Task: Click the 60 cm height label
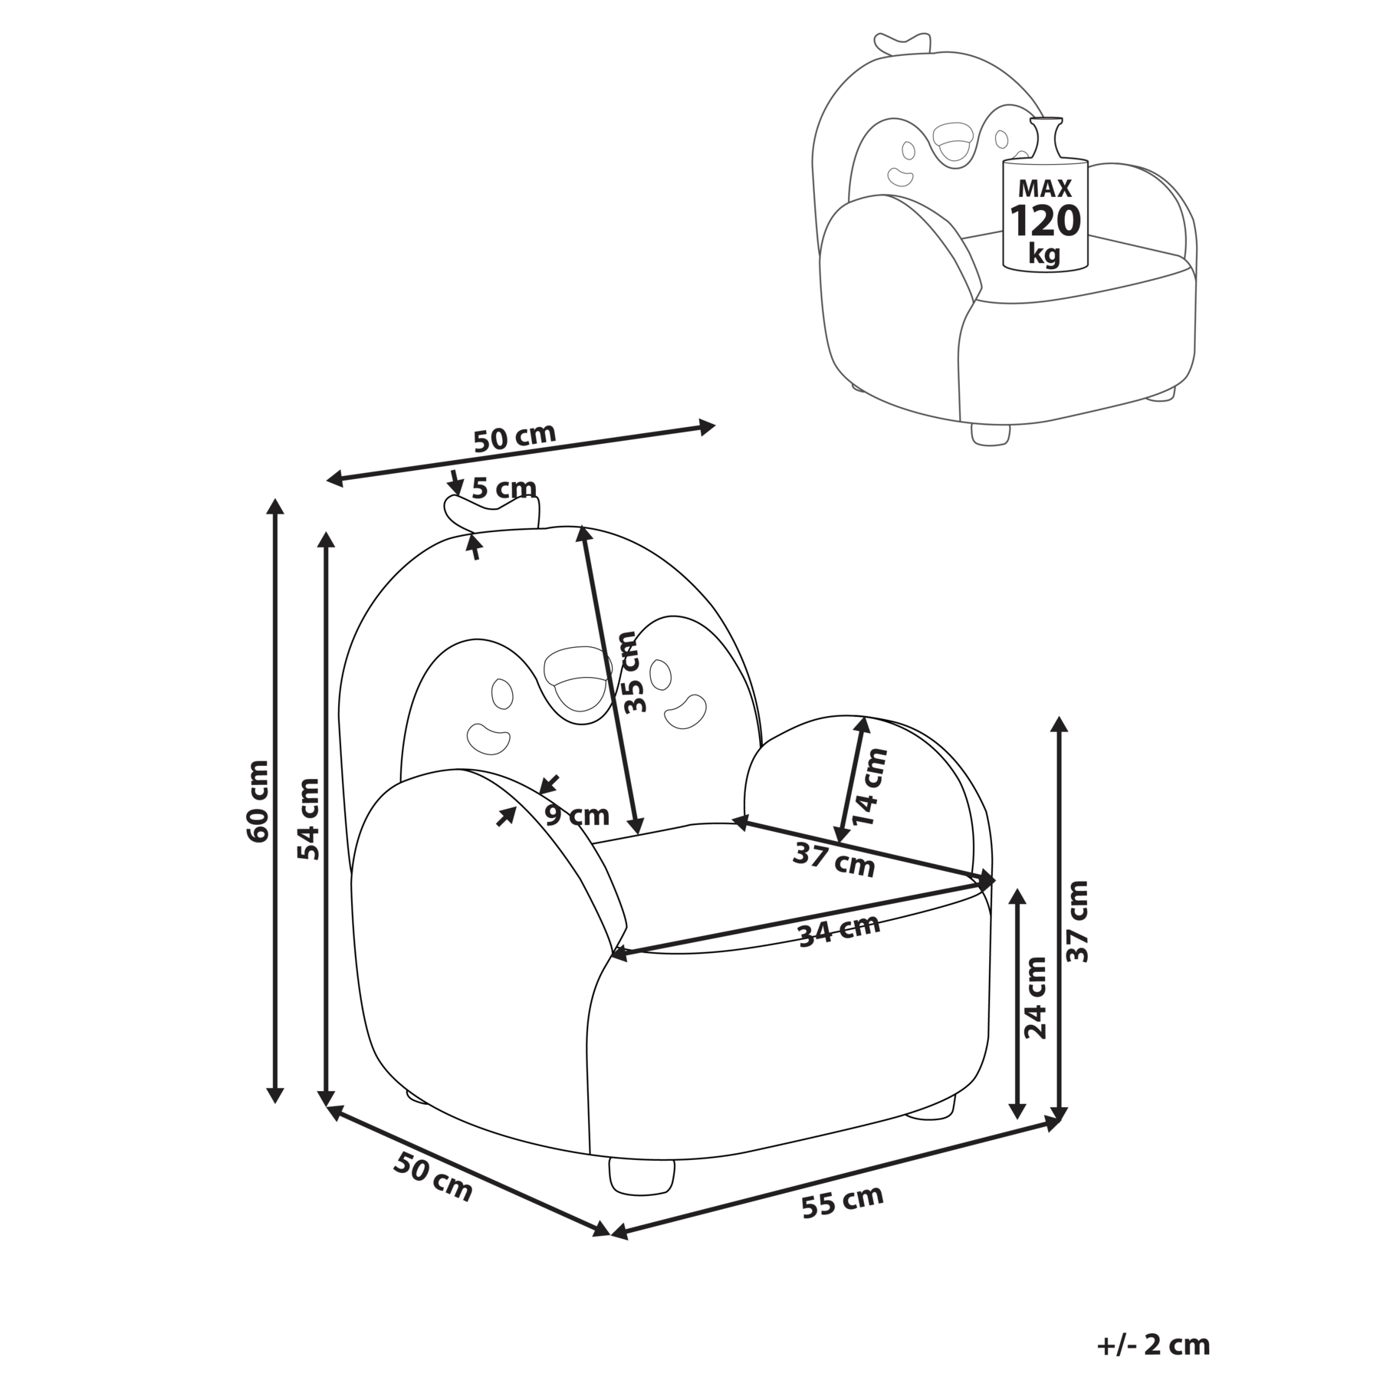258,801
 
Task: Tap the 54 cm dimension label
308,819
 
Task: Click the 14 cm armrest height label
872,787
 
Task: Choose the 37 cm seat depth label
833,859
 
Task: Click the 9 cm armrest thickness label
577,814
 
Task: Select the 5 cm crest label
504,488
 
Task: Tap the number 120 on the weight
1045,221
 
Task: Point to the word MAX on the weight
1045,189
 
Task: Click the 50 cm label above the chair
514,439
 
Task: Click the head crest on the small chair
903,43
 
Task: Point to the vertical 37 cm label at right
1077,921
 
